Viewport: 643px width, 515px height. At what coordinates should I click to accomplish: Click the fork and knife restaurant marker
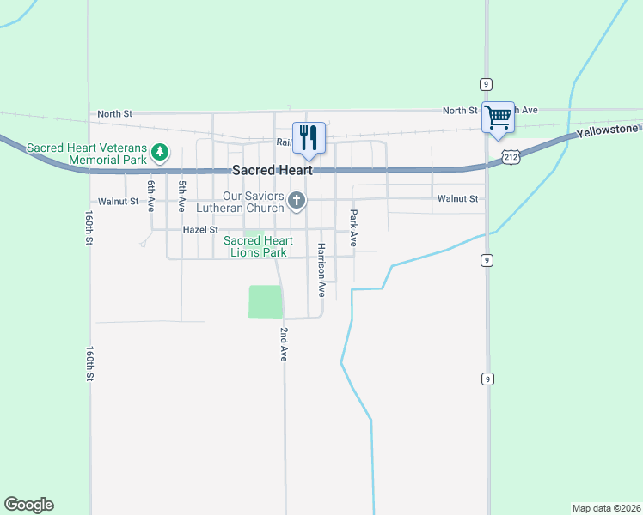point(309,137)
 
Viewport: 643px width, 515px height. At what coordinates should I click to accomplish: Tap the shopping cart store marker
point(499,117)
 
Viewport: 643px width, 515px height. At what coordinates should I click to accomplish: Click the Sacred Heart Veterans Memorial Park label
point(86,154)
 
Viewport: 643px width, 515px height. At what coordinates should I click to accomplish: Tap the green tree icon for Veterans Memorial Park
point(159,153)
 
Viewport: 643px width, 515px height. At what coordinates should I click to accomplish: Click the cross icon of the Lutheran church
point(297,202)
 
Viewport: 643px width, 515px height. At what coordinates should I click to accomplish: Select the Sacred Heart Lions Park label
point(258,246)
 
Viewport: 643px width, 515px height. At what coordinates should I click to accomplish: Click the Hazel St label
point(200,230)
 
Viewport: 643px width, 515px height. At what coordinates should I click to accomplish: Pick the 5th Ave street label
point(181,196)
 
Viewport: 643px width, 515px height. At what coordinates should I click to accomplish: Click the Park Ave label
point(352,228)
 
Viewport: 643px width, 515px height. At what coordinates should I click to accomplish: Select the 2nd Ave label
point(283,343)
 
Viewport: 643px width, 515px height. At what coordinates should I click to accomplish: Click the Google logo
point(28,505)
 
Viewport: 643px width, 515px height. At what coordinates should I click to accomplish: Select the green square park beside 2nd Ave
point(265,302)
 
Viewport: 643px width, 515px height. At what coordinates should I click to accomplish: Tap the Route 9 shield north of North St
point(486,83)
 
